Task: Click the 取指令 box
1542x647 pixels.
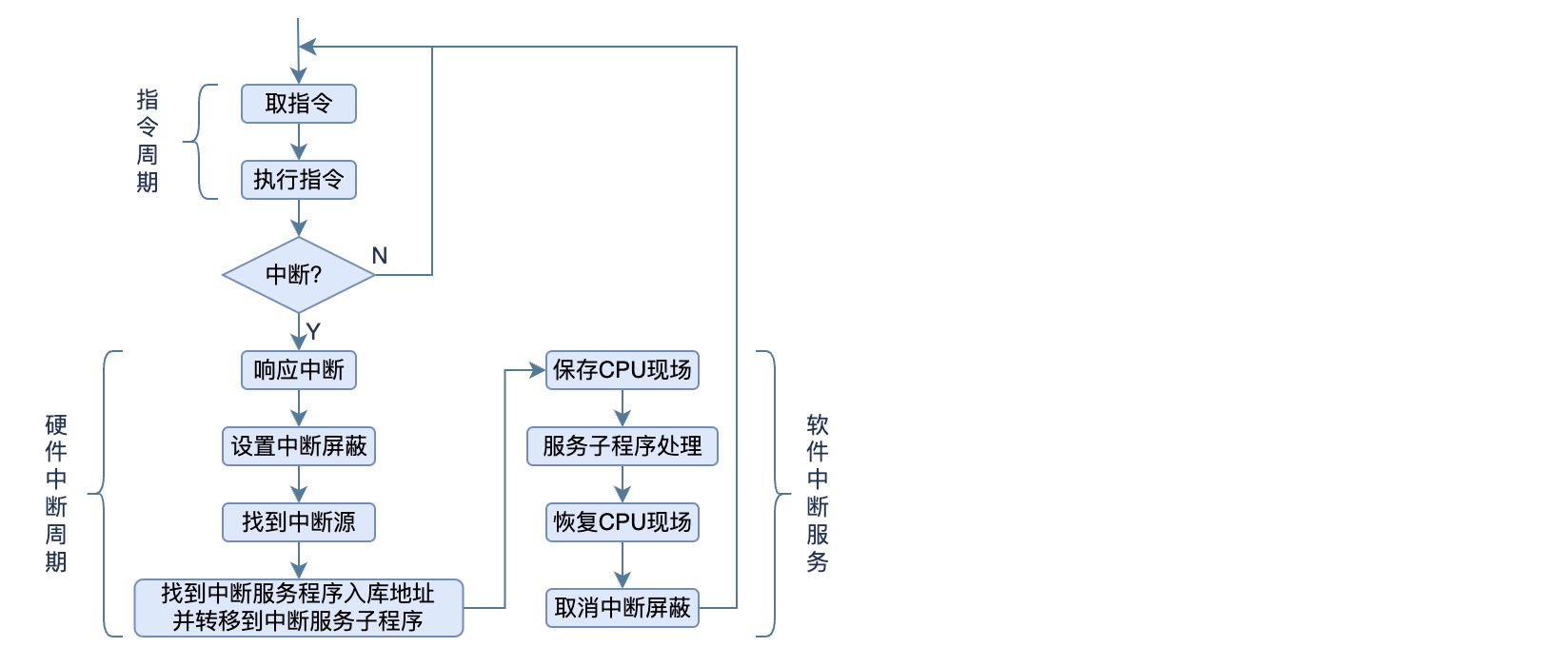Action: click(x=298, y=104)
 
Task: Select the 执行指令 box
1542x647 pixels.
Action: click(x=298, y=180)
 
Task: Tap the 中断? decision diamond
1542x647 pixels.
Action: click(x=298, y=275)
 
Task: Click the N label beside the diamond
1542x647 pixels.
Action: click(x=380, y=256)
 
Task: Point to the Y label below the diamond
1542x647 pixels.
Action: click(x=313, y=332)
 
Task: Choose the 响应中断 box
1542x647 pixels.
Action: click(x=298, y=370)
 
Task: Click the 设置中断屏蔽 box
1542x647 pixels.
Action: click(x=298, y=446)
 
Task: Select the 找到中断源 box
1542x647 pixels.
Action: click(x=298, y=522)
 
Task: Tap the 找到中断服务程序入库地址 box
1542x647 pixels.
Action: click(x=298, y=607)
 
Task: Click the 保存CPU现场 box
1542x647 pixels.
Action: click(x=622, y=370)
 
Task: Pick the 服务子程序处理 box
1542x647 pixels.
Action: click(x=622, y=446)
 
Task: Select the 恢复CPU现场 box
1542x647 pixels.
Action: click(x=622, y=522)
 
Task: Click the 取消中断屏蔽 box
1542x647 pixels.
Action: click(x=622, y=608)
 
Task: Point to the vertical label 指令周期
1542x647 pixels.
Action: click(x=148, y=141)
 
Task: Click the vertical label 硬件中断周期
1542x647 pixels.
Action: click(x=56, y=493)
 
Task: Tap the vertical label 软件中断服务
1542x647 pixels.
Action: click(x=818, y=493)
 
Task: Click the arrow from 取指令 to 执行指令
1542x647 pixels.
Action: click(x=299, y=142)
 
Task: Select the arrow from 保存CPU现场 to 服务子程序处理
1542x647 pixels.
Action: click(x=623, y=408)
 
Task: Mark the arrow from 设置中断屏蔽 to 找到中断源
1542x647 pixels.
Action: click(x=299, y=484)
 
